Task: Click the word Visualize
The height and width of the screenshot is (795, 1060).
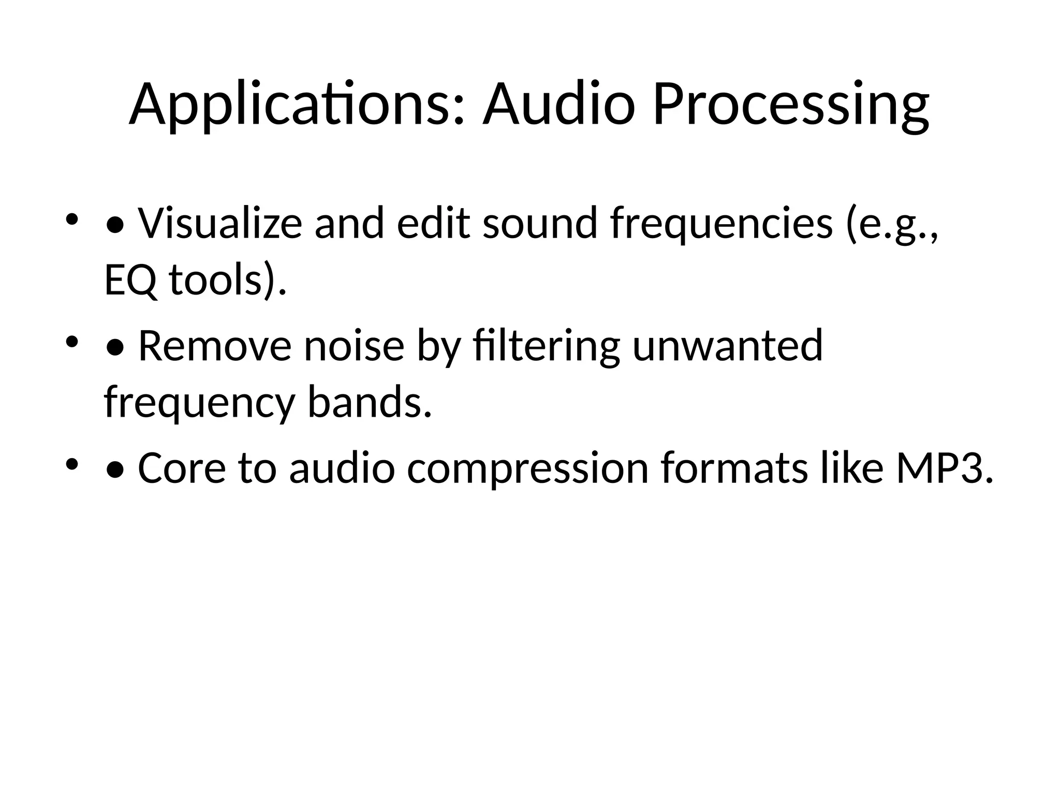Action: tap(219, 223)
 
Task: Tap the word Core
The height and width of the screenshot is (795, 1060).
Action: tap(182, 468)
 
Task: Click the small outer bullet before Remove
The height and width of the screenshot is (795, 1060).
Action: tap(72, 342)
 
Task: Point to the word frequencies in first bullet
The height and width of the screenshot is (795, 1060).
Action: tap(722, 224)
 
